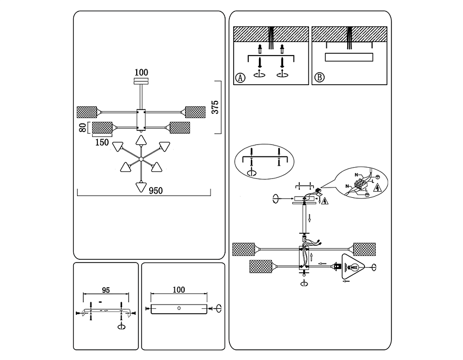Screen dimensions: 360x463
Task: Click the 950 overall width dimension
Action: pyautogui.click(x=157, y=190)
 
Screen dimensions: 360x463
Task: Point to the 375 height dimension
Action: pyautogui.click(x=215, y=108)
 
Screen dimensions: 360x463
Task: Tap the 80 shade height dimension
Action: pyautogui.click(x=82, y=128)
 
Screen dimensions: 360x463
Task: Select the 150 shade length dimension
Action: pyautogui.click(x=102, y=142)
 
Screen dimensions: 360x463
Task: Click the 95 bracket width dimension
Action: pyautogui.click(x=106, y=290)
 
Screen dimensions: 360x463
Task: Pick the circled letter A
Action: pyautogui.click(x=240, y=78)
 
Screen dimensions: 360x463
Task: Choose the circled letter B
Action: pyautogui.click(x=319, y=78)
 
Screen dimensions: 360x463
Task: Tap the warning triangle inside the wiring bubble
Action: pyautogui.click(x=377, y=188)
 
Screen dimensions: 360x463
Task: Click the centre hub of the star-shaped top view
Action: pyautogui.click(x=141, y=159)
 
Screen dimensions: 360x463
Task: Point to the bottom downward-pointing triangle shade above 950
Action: pyautogui.click(x=141, y=186)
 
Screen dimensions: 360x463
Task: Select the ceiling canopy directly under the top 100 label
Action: pyautogui.click(x=141, y=81)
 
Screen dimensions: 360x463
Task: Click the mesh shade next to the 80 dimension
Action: pyautogui.click(x=102, y=128)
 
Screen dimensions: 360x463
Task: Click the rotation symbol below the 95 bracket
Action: pyautogui.click(x=122, y=326)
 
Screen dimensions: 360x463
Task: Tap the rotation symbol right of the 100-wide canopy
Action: pyautogui.click(x=219, y=308)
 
